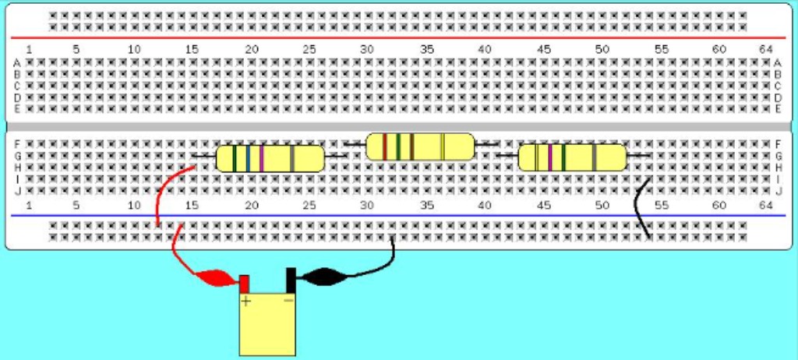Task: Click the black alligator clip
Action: [x=322, y=276]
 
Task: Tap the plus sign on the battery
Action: [x=245, y=302]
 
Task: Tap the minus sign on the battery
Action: [x=288, y=300]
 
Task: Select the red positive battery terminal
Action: [x=244, y=282]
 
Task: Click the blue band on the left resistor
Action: [x=248, y=158]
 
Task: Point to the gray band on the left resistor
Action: [x=292, y=158]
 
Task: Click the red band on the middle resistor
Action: [x=384, y=146]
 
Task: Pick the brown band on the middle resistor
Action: [x=411, y=146]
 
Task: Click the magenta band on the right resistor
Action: [x=549, y=157]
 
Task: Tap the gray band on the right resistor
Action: [x=594, y=157]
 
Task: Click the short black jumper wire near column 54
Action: [x=641, y=207]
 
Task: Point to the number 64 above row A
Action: [x=765, y=49]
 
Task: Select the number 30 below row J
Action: [x=367, y=204]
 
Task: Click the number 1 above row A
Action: [x=29, y=49]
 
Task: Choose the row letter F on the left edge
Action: [x=17, y=144]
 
